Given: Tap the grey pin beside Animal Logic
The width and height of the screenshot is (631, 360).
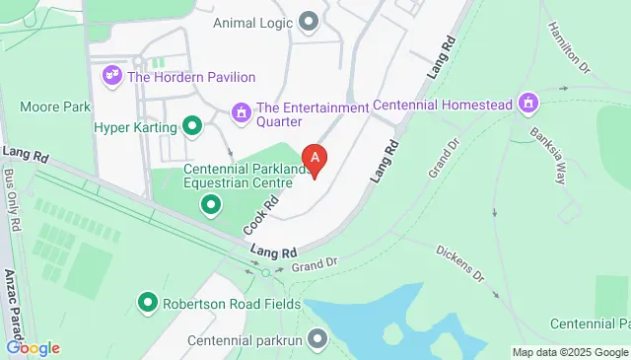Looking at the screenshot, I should pos(310,21).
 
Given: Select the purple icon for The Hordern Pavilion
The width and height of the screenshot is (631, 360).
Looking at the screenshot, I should pos(111,76).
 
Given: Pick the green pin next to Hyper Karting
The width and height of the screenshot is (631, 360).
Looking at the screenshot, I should pos(192,126).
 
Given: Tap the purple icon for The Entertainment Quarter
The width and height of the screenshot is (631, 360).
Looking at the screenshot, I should pos(241,114).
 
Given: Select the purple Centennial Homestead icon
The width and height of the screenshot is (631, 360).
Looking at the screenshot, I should pos(529,103).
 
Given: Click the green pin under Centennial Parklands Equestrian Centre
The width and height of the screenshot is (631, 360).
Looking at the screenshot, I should pos(210,205).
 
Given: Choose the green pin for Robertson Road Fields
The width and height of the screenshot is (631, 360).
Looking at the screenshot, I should pos(148,303).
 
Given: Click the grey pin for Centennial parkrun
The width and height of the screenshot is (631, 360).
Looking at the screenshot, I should pos(316,339).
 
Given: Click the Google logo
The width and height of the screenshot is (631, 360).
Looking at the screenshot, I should pos(33,347).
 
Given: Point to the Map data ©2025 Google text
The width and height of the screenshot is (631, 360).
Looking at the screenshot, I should pos(570,352).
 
